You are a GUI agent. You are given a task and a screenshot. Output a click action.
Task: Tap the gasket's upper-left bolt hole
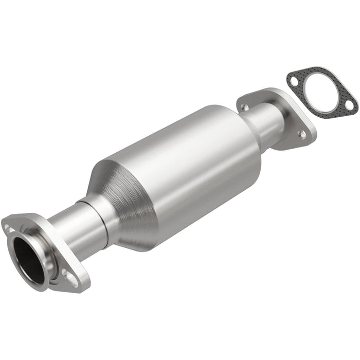pyautogui.click(x=293, y=80)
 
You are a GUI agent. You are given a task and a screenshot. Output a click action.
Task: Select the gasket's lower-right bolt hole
pyautogui.click(x=349, y=104)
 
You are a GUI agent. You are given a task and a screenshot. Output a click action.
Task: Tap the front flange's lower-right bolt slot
pyautogui.click(x=72, y=280)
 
